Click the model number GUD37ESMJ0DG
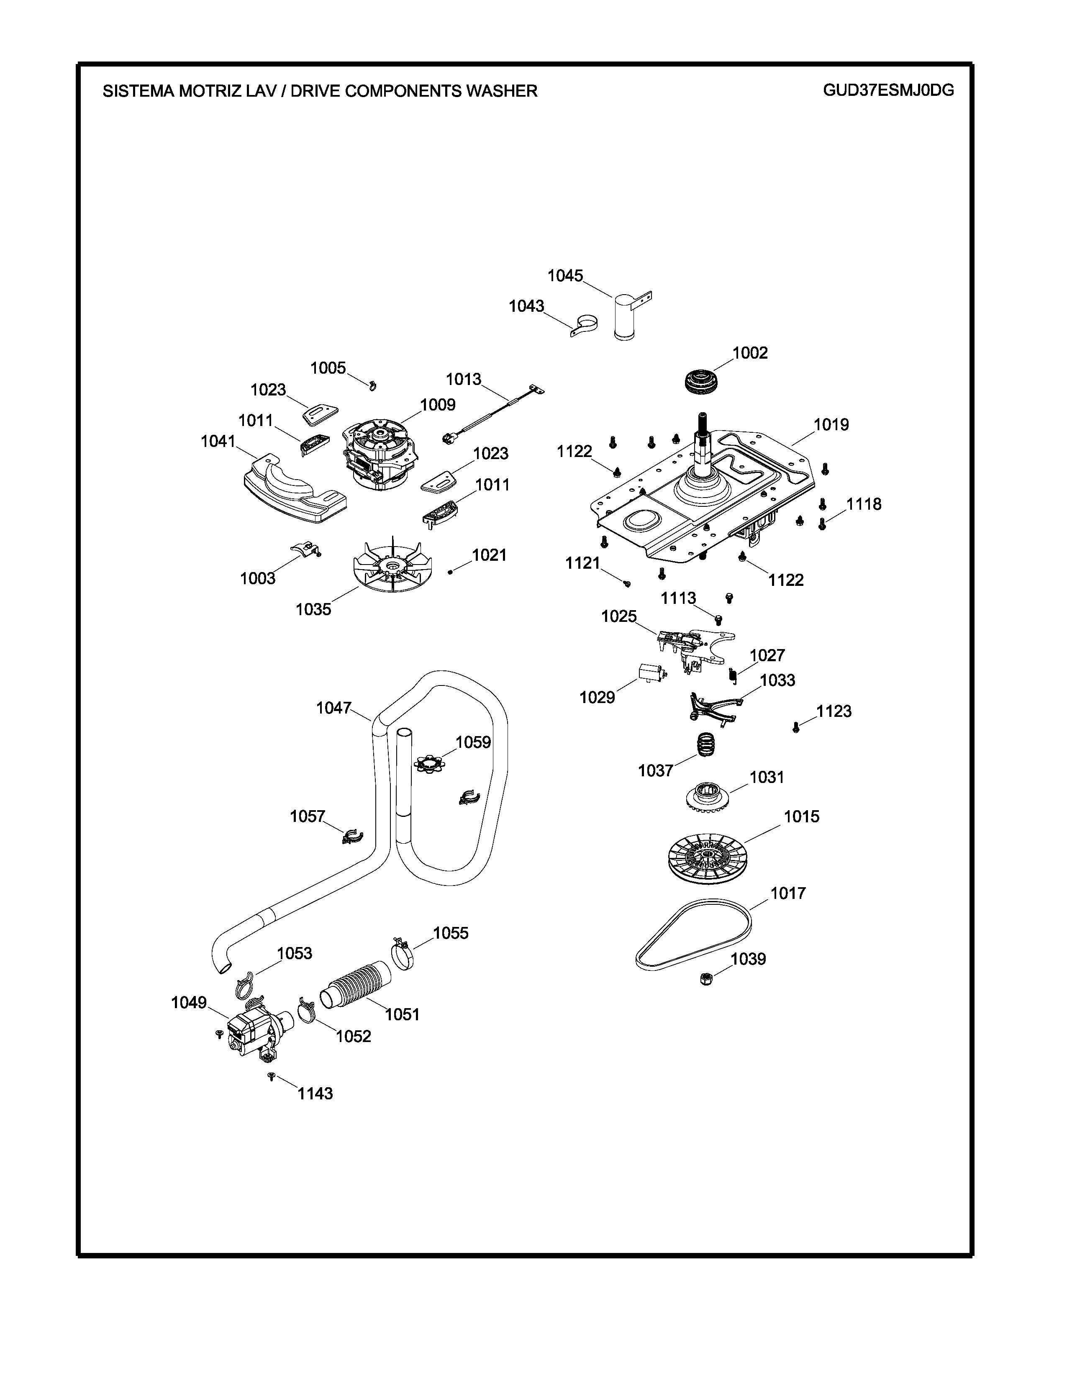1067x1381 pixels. (x=888, y=90)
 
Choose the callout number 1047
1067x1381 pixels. (x=333, y=708)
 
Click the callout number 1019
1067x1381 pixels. (x=831, y=425)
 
